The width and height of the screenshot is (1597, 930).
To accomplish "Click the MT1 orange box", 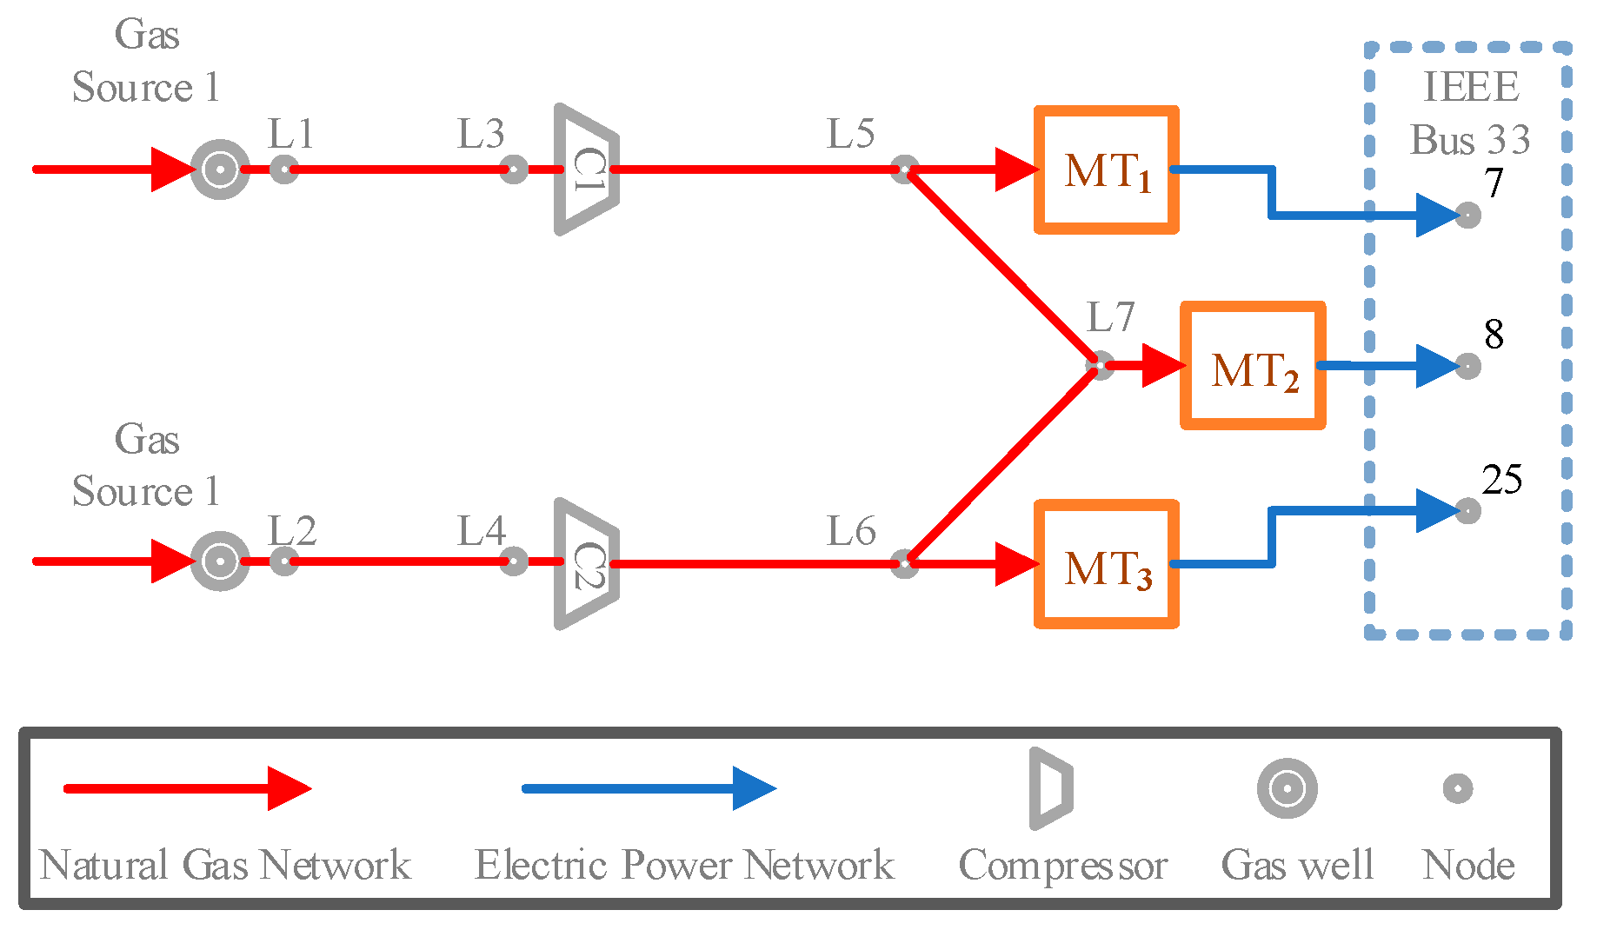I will point(1106,170).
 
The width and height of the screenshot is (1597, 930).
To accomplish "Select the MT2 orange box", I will point(1252,366).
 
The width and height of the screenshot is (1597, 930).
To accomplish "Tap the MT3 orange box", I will point(1106,564).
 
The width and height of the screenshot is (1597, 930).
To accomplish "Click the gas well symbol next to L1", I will point(220,169).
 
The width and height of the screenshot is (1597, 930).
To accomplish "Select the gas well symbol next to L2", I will point(220,561).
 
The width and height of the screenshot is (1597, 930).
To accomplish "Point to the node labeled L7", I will point(1100,365).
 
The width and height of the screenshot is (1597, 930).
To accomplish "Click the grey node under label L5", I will point(904,169).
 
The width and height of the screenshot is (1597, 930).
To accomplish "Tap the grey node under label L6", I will point(904,563).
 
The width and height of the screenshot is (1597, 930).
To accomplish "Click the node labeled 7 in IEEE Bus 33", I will point(1467,215).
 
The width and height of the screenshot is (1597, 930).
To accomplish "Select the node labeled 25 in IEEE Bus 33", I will point(1467,510).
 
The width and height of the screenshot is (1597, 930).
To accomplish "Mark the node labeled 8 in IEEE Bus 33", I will point(1467,366).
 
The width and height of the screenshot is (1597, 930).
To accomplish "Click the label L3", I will point(481,135).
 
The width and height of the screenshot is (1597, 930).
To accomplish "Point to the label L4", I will point(481,531).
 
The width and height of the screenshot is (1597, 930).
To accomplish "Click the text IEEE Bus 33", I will point(1470,113).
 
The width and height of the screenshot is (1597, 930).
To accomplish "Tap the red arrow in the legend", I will point(187,788).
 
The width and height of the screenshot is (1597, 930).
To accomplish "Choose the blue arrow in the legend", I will point(648,788).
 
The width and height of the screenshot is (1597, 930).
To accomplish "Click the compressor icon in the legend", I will point(1050,788).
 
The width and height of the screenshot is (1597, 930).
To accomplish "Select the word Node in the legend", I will point(1468,865).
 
